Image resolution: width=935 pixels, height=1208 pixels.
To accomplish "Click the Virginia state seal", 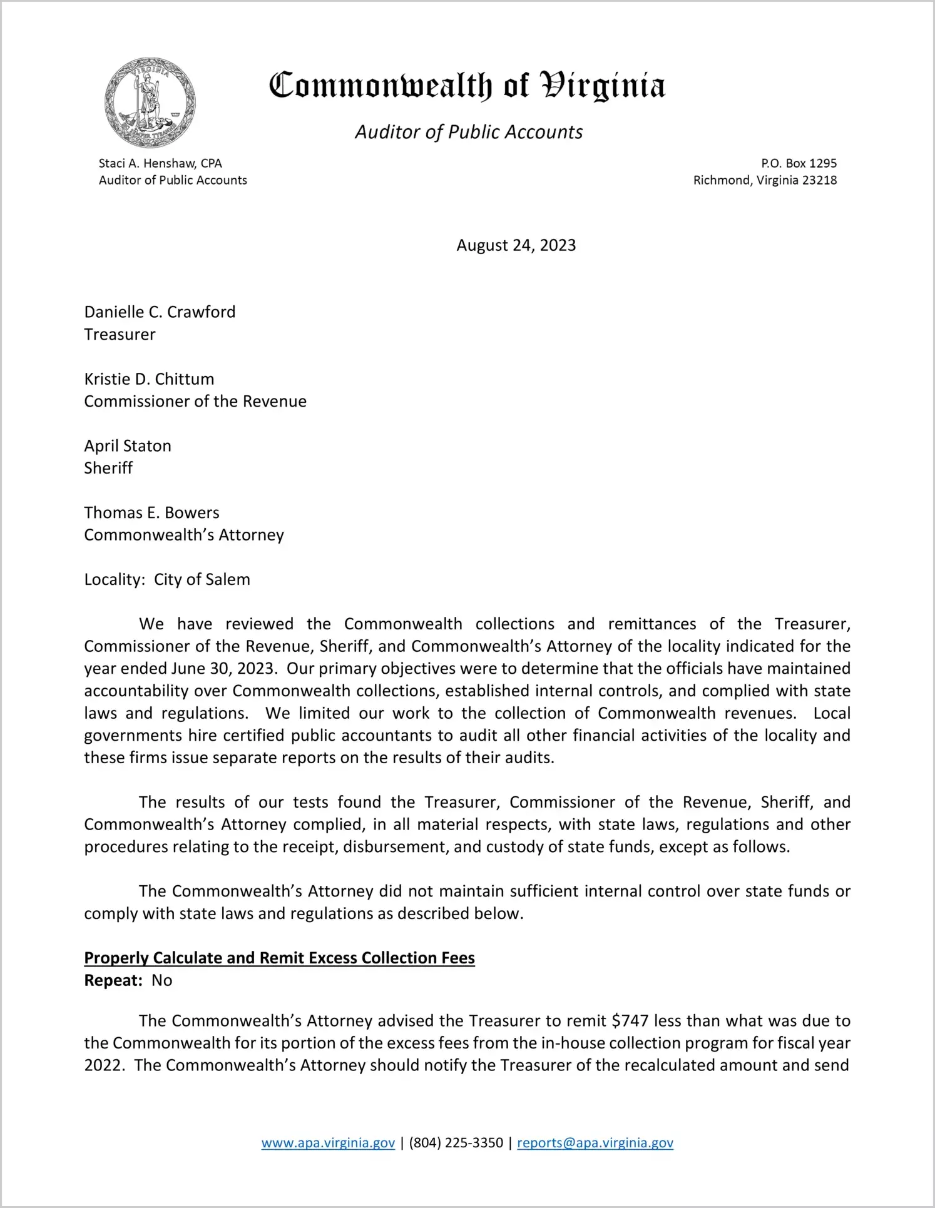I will [150, 103].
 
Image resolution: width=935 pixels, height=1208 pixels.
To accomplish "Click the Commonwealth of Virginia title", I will [467, 86].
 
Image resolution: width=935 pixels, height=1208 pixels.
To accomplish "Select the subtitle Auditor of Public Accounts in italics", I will [469, 132].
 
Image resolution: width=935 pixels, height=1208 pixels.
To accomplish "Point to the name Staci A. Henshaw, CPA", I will [160, 163].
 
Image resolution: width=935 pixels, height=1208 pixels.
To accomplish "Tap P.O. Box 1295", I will [799, 163].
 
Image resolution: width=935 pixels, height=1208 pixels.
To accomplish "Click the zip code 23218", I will [819, 180].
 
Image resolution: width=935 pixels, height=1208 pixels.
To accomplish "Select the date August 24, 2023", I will [516, 245].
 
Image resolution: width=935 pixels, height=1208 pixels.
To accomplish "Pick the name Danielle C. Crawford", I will [160, 312].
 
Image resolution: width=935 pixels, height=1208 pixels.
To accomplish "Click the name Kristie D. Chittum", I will [149, 379].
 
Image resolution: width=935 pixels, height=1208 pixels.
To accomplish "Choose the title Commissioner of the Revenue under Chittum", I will [195, 402].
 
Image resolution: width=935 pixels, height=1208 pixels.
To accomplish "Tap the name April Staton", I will [128, 446].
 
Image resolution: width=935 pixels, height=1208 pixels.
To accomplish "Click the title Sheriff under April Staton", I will [108, 468].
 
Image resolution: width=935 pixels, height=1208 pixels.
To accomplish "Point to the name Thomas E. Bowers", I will [151, 513].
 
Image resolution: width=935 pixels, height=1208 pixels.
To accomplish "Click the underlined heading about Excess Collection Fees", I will [279, 958].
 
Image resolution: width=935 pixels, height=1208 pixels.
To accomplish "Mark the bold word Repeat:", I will [114, 980].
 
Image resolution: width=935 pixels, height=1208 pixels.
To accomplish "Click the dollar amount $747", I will [630, 1021].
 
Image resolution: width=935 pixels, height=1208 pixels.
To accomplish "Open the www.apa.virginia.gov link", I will [328, 1143].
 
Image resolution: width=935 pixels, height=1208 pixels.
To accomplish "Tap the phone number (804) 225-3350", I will [456, 1143].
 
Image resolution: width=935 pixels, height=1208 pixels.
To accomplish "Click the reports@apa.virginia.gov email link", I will [595, 1143].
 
